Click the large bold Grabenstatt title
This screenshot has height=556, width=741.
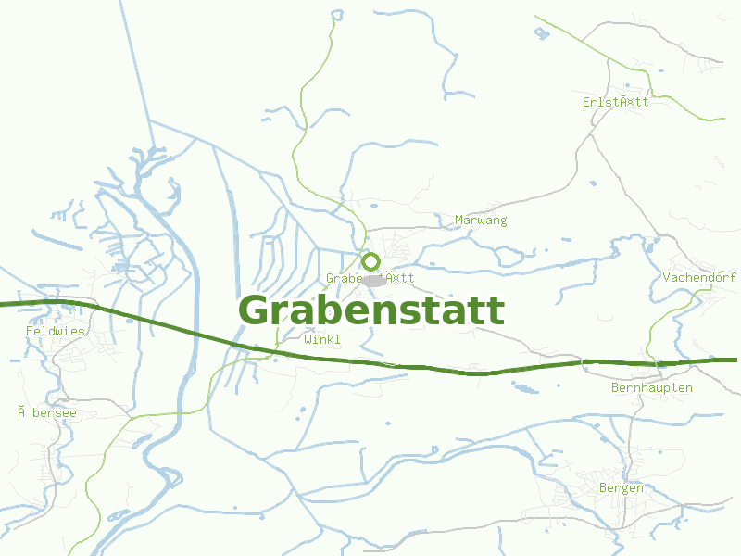click(x=371, y=310)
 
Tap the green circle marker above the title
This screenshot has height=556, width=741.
click(x=371, y=261)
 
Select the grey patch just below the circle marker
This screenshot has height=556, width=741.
click(x=374, y=280)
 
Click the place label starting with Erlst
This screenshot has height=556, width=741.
click(x=616, y=102)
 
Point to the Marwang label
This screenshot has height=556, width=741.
click(x=481, y=221)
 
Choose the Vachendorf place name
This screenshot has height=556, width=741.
click(x=699, y=278)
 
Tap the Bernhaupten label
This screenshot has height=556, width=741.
click(x=651, y=388)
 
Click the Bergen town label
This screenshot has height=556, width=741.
click(x=621, y=488)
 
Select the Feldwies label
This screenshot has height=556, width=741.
click(x=56, y=331)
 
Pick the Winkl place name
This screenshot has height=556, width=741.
click(x=321, y=340)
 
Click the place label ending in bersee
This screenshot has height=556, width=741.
click(x=46, y=412)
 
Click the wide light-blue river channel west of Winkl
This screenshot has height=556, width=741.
click(x=191, y=306)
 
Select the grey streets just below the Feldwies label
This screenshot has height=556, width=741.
click(x=56, y=350)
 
